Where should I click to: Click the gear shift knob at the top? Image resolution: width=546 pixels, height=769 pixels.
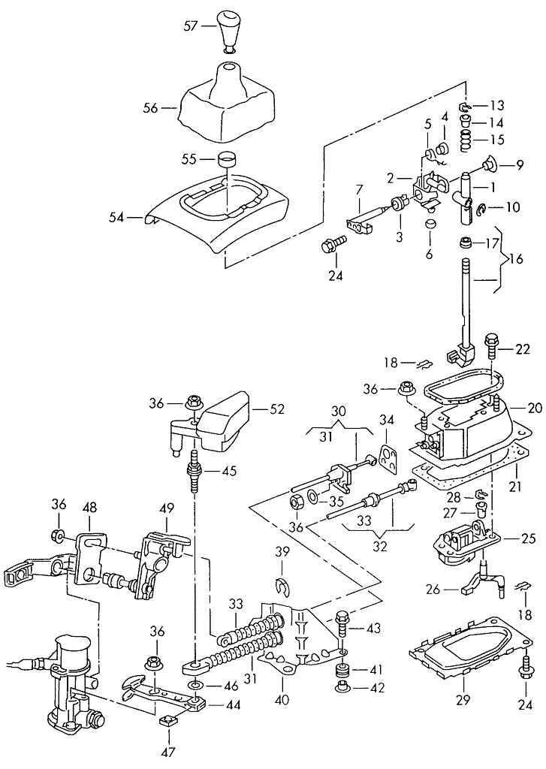[x=228, y=28]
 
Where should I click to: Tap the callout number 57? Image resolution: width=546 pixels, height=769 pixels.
[x=191, y=26]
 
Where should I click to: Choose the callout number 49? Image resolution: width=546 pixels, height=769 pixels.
[x=165, y=508]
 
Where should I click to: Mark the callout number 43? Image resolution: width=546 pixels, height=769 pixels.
[x=373, y=627]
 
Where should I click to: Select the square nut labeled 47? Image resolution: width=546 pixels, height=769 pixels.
[x=167, y=722]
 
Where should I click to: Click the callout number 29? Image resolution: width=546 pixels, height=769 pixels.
[x=463, y=703]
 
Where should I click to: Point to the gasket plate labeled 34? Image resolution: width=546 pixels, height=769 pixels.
[x=387, y=458]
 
